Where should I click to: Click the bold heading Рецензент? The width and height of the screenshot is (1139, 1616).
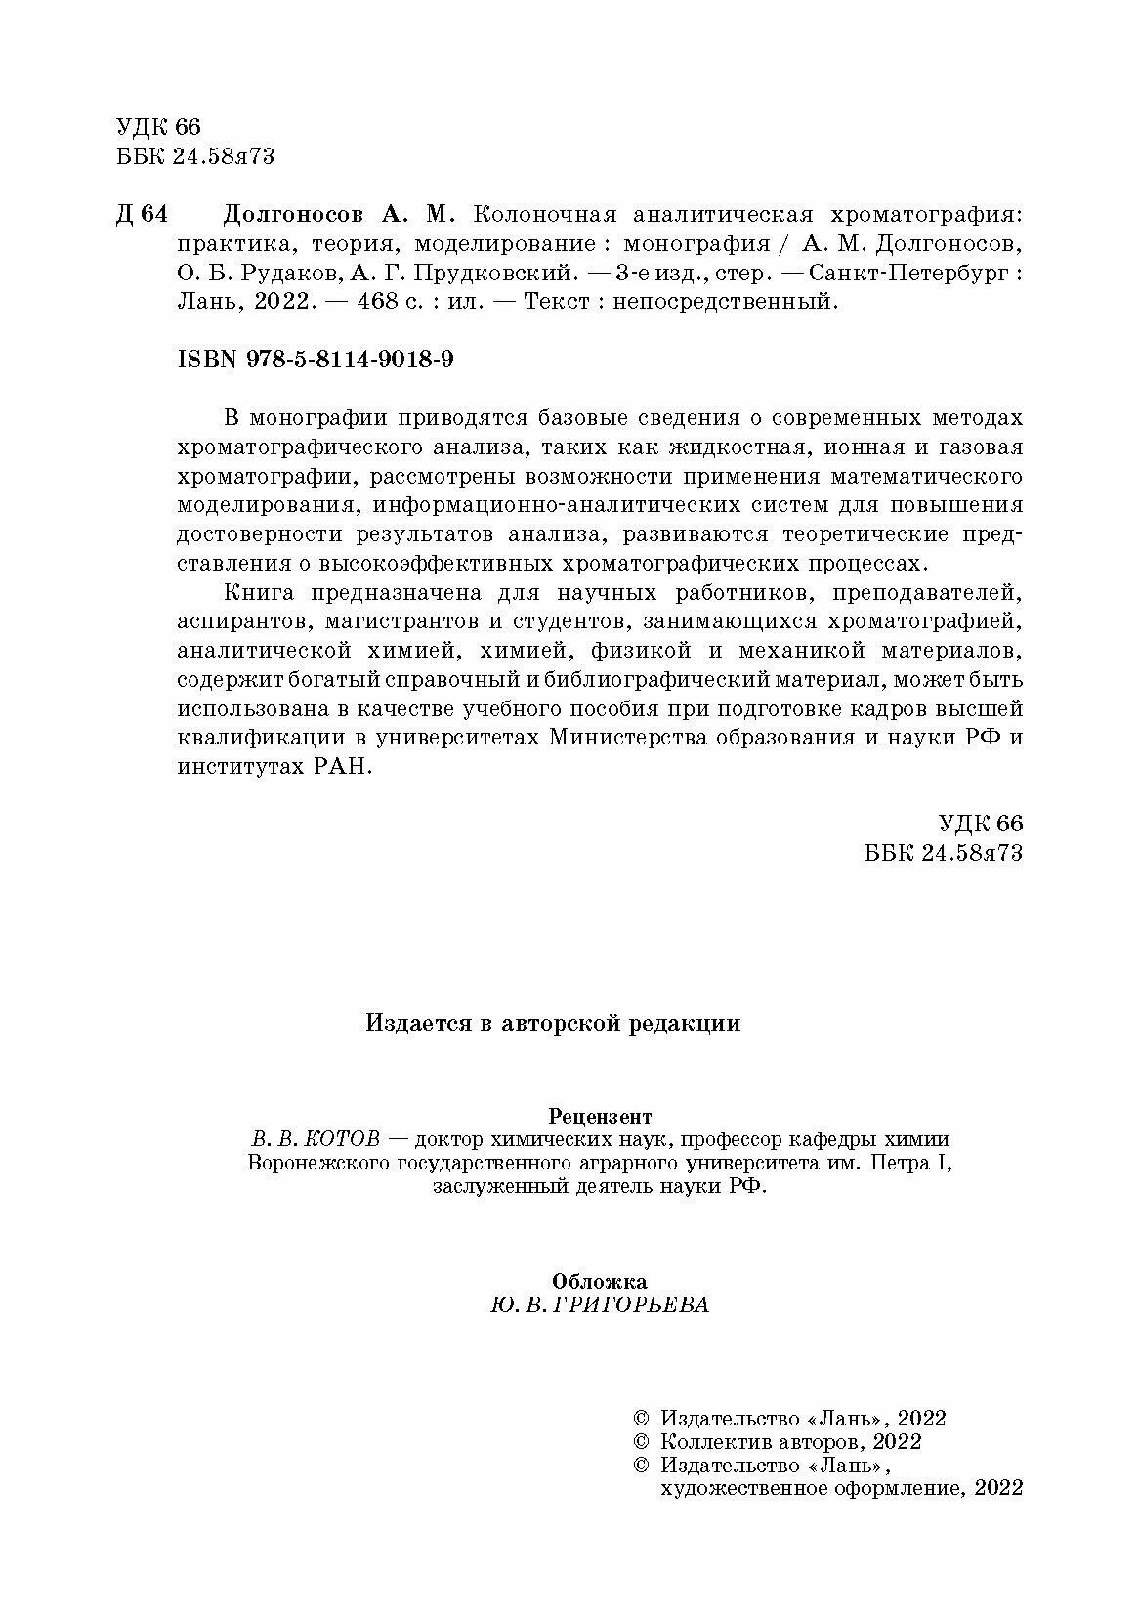coord(600,1115)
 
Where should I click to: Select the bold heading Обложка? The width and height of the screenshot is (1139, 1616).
coord(599,1281)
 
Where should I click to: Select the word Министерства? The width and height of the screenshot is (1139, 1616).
coord(629,739)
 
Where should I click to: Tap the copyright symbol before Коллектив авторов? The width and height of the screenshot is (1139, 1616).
coord(641,1442)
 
